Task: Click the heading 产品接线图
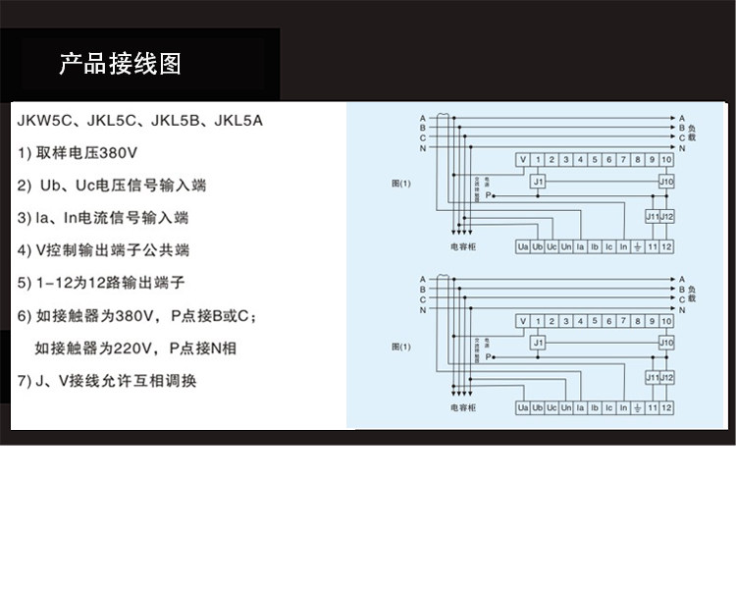(x=120, y=65)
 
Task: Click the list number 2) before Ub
(x=26, y=186)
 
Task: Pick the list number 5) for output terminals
(x=26, y=283)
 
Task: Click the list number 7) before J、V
(x=26, y=380)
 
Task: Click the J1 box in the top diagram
(x=538, y=182)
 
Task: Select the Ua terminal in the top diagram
(x=523, y=245)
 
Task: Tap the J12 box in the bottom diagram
(x=667, y=377)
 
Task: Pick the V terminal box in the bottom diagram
(x=523, y=321)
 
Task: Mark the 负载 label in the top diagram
(x=692, y=133)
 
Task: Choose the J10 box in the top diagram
(x=666, y=182)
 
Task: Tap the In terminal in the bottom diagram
(x=623, y=407)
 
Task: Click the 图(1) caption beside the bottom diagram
(x=400, y=346)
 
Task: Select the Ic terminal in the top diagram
(x=608, y=245)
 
